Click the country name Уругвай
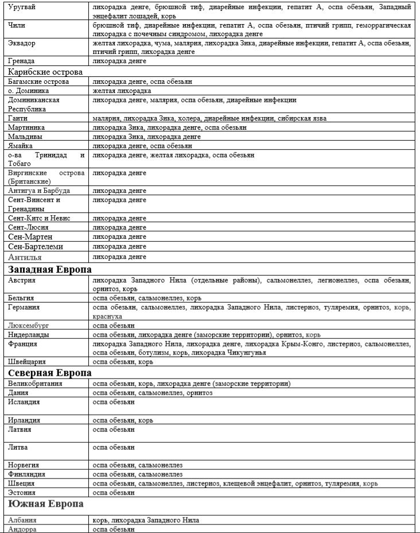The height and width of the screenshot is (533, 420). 22,7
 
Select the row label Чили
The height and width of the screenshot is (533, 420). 17,26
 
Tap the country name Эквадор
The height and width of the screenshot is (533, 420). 22,43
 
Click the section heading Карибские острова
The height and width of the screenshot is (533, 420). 46,72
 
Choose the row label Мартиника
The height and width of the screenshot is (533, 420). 26,128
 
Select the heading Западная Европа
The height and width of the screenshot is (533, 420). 50,269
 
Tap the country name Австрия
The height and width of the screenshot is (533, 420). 22,280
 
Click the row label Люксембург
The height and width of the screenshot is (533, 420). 29,325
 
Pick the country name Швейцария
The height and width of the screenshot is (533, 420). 27,362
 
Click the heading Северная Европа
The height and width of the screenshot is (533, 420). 50,373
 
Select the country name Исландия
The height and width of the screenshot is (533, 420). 24,402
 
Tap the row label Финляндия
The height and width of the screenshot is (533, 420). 27,474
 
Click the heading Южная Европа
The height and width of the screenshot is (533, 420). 45,504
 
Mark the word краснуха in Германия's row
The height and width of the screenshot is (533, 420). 107,316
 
